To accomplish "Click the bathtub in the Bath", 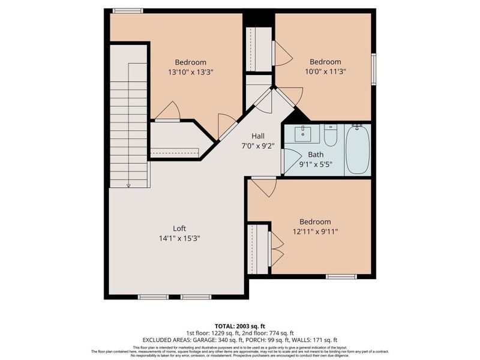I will pos(357,149).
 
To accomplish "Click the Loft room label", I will pos(179,228).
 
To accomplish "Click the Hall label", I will pos(258,136).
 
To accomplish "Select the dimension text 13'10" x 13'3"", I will pos(191,72).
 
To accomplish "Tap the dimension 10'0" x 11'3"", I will pos(325,71).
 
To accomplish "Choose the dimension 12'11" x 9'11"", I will pos(315,232).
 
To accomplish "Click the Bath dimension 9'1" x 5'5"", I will pos(316,164).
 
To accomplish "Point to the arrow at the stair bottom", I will pos(128,185).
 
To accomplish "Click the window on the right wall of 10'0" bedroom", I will pos(373,69).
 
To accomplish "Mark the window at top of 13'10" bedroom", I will pos(128,11).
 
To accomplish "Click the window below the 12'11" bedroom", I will pos(341,277).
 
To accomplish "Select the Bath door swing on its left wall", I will pos(287,162).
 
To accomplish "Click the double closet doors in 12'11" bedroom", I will pos(276,248).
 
